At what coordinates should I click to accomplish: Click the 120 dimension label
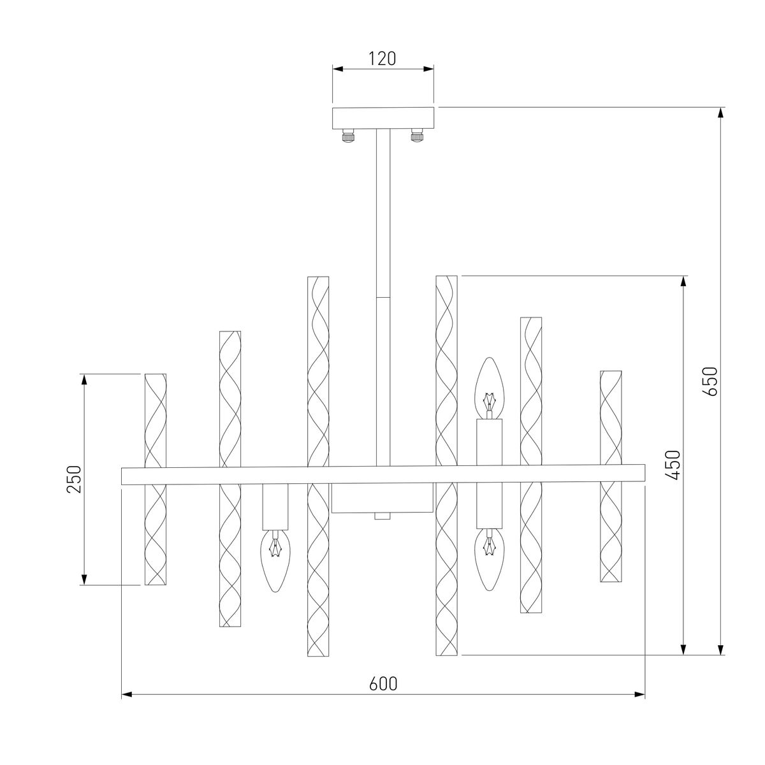point(382,59)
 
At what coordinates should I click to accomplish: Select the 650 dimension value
point(711,381)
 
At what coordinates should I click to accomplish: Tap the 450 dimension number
point(674,465)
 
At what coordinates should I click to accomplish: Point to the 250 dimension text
point(75,479)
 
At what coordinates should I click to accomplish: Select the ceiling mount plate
point(383,118)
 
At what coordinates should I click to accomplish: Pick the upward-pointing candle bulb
point(490,386)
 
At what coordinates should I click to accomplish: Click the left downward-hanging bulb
point(275,560)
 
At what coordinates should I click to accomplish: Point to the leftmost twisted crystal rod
point(156,479)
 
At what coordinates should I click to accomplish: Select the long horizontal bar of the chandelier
point(383,475)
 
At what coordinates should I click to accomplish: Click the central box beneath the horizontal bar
point(382,498)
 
